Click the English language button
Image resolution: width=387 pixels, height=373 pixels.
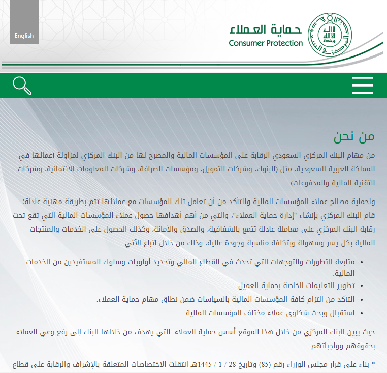tap(24, 35)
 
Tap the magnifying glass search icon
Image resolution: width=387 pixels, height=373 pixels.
tap(22, 85)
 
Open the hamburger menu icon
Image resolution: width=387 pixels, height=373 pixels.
tap(363, 85)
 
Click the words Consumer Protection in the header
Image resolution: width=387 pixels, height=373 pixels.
tap(266, 43)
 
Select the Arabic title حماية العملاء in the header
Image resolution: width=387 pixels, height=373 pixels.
tap(266, 28)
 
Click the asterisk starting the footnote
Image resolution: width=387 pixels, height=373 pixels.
tap(373, 364)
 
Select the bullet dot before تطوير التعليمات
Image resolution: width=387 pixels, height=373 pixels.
tap(361, 287)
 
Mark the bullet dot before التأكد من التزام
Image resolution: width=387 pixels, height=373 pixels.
tap(361, 300)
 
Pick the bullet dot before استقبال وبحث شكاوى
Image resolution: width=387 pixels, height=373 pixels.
tap(361, 313)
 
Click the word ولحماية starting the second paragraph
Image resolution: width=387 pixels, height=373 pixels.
tap(362, 202)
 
